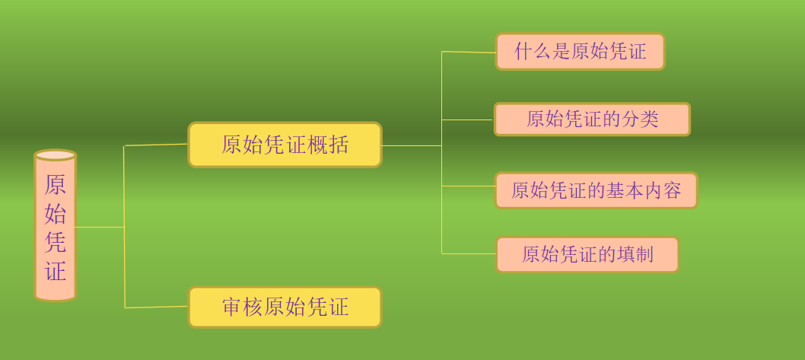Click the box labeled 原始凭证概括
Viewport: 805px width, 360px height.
click(285, 145)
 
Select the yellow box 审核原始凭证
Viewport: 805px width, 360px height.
click(285, 307)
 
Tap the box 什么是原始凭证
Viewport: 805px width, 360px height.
click(580, 51)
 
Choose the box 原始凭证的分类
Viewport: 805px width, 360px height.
click(592, 119)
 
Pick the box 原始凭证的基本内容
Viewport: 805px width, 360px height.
click(596, 190)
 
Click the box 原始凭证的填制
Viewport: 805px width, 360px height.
click(587, 254)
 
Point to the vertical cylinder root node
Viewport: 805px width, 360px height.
click(56, 226)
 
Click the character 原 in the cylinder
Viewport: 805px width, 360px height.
click(56, 185)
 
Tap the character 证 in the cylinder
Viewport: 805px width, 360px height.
click(56, 271)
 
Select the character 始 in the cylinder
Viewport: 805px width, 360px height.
click(56, 213)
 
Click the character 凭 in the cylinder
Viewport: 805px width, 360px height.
click(56, 242)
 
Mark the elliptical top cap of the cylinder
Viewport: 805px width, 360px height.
click(56, 155)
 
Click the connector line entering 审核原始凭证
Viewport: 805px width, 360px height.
click(157, 307)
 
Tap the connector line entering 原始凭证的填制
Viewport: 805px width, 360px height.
click(469, 253)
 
